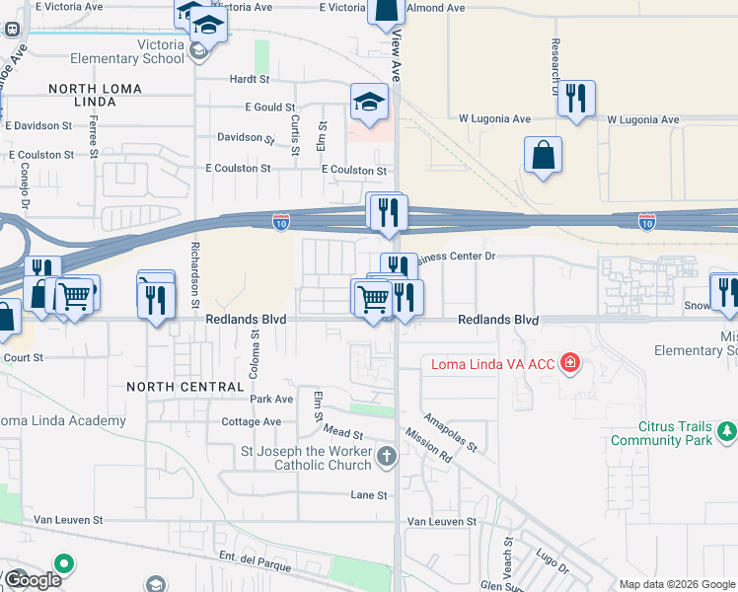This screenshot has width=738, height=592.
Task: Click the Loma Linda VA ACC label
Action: (x=492, y=364)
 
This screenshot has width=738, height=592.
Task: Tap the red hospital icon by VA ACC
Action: (x=568, y=365)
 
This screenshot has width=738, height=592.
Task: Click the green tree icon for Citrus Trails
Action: (x=727, y=430)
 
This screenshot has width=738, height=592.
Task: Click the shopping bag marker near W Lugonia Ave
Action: (x=543, y=156)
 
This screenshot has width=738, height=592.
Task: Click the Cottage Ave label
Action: (x=252, y=422)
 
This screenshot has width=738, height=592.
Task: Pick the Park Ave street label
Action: (x=271, y=400)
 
